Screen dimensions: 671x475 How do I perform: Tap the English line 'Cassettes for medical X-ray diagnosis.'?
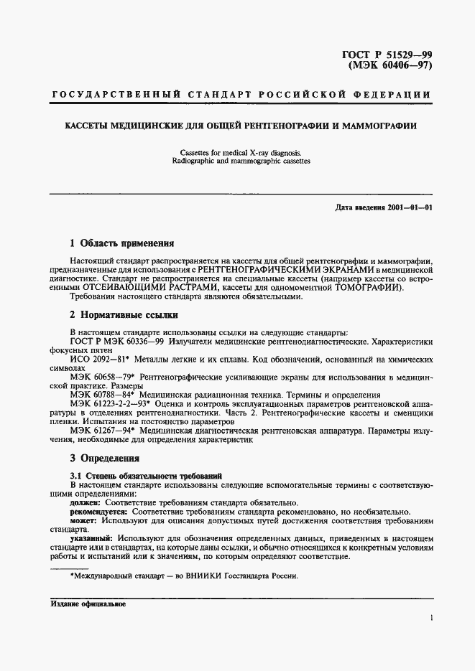(x=237, y=152)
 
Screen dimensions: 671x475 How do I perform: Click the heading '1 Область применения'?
(x=121, y=243)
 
